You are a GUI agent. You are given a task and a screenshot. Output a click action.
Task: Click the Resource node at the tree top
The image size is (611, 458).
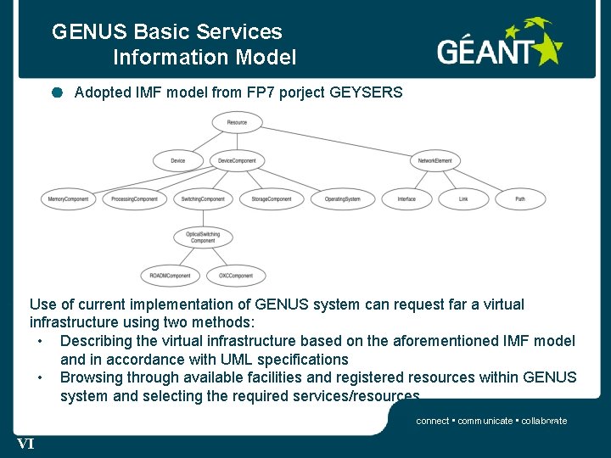pos(238,122)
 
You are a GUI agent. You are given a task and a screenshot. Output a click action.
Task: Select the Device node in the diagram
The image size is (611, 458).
pos(177,160)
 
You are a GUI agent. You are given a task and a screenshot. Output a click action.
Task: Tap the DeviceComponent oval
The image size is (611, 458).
pos(237,160)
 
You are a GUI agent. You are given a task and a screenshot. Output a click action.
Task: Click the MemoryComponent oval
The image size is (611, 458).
pos(68,199)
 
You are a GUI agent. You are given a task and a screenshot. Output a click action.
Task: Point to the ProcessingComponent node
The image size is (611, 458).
pos(135,199)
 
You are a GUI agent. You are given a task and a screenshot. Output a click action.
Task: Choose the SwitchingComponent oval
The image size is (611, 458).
pos(203,199)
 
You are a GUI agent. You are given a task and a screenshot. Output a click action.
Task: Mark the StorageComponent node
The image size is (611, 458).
pos(271,199)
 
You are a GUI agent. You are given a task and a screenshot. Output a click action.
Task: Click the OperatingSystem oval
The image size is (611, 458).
pos(342,199)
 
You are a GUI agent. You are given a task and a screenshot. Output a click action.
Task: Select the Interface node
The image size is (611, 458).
pos(406,199)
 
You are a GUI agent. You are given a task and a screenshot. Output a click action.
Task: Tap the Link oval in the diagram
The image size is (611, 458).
pos(463,199)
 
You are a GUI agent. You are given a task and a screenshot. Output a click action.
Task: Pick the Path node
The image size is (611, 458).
pos(519,199)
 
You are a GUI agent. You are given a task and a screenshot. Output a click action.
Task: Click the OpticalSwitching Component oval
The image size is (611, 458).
pos(203,237)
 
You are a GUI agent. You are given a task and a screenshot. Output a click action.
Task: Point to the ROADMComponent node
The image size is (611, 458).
pos(170,276)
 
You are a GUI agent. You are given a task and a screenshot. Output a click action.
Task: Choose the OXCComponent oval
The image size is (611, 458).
pos(236,276)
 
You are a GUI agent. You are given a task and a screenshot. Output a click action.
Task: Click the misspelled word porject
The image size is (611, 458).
pos(299,92)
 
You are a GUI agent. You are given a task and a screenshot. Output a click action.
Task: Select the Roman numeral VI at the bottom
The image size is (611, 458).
pos(25,443)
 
